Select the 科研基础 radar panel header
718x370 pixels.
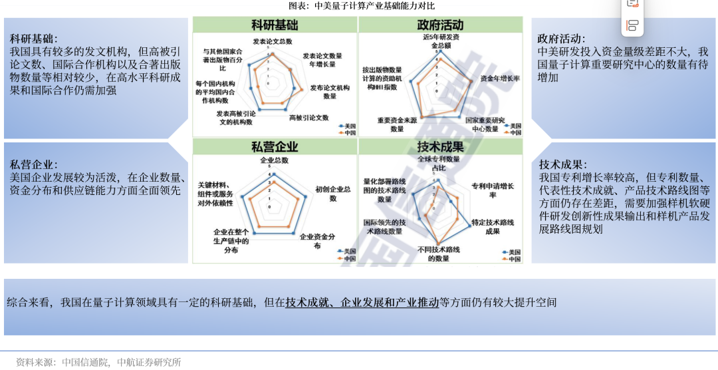(x=275, y=25)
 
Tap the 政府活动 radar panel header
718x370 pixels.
(x=440, y=25)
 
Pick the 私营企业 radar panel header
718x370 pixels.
(x=275, y=147)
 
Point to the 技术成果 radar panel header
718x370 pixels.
(x=440, y=147)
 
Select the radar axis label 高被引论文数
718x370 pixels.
(x=309, y=118)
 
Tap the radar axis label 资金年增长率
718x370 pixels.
(x=499, y=79)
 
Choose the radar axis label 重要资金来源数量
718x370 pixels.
(x=396, y=124)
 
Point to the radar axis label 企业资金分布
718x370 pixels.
(x=317, y=241)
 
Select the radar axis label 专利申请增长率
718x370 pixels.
(x=492, y=190)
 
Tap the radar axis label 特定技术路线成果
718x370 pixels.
(x=492, y=226)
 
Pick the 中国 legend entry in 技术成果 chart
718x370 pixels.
(x=513, y=259)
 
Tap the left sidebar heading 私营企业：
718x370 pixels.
(x=33, y=164)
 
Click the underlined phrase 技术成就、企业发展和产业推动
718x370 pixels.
(x=362, y=303)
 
